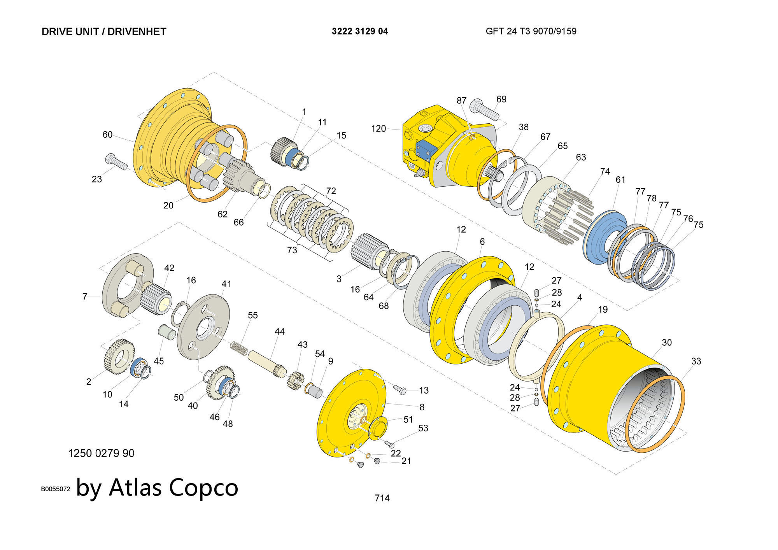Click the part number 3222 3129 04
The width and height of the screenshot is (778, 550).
360,32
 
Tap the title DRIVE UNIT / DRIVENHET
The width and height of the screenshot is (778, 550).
104,32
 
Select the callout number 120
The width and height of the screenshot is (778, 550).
378,129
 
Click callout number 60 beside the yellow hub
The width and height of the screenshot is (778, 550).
107,135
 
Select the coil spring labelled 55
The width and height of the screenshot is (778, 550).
239,348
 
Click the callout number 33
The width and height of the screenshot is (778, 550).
696,361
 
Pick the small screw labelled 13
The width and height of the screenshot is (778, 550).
400,389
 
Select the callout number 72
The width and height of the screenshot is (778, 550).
331,191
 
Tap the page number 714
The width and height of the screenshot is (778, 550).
382,498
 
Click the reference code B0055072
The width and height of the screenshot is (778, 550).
56,489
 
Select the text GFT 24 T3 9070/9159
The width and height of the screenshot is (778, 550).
531,32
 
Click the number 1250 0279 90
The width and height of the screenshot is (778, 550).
101,453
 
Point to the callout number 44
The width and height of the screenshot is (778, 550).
279,331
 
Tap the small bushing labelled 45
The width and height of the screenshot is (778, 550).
166,333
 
